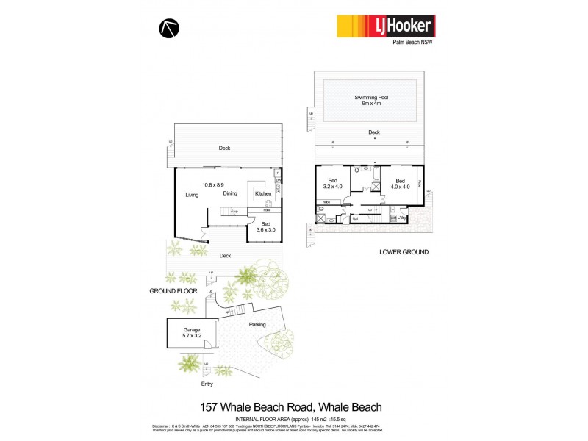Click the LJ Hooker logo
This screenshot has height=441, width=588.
click(x=385, y=26)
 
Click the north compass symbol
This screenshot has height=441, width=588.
click(x=168, y=28)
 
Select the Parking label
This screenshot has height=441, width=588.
click(x=257, y=324)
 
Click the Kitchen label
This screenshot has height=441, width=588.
click(x=263, y=194)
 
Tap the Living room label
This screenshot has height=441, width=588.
click(x=193, y=195)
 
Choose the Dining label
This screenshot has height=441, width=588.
click(x=230, y=194)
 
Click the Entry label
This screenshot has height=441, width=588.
click(x=207, y=384)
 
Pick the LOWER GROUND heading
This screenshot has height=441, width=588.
click(x=404, y=252)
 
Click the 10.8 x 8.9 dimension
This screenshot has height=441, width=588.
click(x=214, y=184)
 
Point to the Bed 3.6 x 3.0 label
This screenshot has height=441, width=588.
click(x=265, y=226)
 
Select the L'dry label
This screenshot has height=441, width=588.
click(x=401, y=218)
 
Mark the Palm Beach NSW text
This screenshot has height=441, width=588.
click(x=412, y=43)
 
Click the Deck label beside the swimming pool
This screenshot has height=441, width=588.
click(x=374, y=133)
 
